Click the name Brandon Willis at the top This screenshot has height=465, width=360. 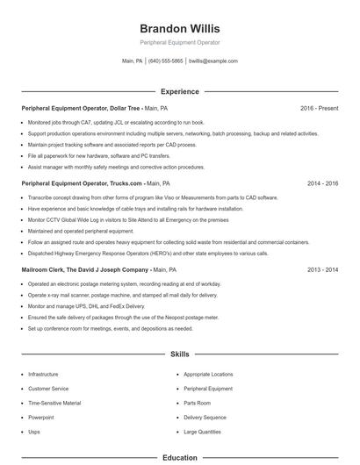point(180,28)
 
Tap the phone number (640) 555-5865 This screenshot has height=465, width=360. point(165,61)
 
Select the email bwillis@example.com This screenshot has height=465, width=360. point(213,61)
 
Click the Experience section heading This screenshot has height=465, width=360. point(180,91)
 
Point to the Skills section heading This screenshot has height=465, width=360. point(180,354)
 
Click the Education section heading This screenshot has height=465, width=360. point(180,457)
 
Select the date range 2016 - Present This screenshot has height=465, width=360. point(319,108)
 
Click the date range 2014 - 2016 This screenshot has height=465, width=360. point(322,184)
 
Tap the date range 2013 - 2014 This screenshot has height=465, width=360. point(322,270)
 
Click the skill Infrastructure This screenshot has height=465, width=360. point(44,374)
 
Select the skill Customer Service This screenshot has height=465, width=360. point(47,388)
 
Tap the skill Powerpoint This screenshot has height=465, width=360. point(41,417)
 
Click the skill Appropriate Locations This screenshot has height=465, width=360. point(209,374)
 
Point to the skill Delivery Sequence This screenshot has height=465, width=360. point(205,417)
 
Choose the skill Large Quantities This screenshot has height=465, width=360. point(203,432)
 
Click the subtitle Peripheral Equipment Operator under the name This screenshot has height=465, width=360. point(180,42)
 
